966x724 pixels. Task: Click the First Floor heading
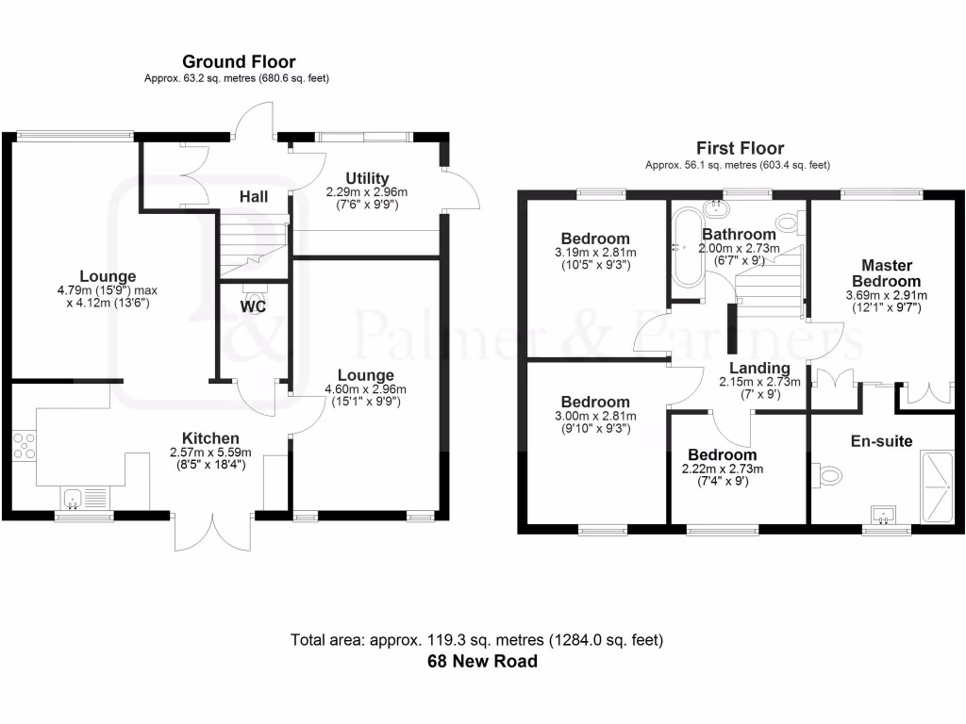(740, 148)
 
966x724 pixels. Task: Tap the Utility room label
(367, 178)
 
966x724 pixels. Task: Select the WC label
(253, 307)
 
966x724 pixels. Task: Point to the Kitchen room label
(210, 438)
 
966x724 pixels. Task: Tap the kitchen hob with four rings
(25, 445)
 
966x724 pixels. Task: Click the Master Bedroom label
(886, 273)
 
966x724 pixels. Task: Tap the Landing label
(759, 368)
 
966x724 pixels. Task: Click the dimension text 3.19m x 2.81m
(595, 253)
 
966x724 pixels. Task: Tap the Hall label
(253, 197)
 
